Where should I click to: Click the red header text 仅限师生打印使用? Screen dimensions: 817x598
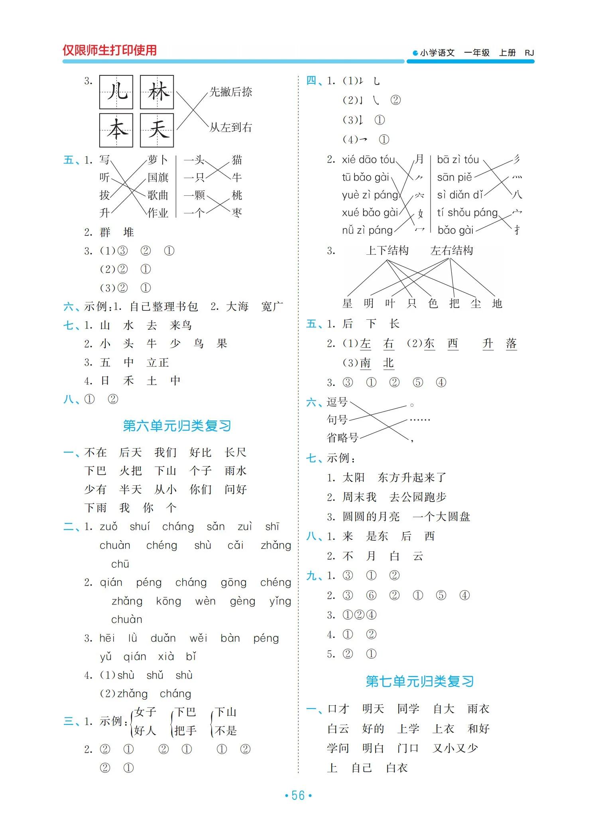coord(110,50)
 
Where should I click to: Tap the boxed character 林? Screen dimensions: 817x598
coord(157,92)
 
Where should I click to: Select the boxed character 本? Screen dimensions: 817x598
coord(116,130)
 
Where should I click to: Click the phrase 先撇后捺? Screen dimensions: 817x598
coord(231,92)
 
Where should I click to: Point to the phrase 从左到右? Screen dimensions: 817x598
coord(231,128)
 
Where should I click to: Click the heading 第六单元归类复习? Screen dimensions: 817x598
coord(177,426)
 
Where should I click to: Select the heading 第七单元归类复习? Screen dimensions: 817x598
coord(419,681)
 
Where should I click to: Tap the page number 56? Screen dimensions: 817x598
coord(298,795)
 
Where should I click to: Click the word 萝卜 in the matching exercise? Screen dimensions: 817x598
coord(158,160)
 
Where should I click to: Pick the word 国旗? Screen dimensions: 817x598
coord(158,177)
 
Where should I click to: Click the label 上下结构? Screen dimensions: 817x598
coord(387,250)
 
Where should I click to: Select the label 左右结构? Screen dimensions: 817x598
coord(452,250)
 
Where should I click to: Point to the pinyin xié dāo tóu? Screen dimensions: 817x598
coord(368,160)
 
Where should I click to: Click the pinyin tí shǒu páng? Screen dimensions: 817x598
coord(467,213)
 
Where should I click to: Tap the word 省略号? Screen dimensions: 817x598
coord(342,438)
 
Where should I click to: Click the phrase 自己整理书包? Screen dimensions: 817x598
coord(164,306)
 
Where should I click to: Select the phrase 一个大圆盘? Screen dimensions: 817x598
coord(441,517)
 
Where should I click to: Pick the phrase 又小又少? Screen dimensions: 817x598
coord(455,748)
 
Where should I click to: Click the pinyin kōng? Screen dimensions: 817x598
coord(168,601)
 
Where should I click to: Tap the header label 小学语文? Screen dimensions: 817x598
coord(437,53)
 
